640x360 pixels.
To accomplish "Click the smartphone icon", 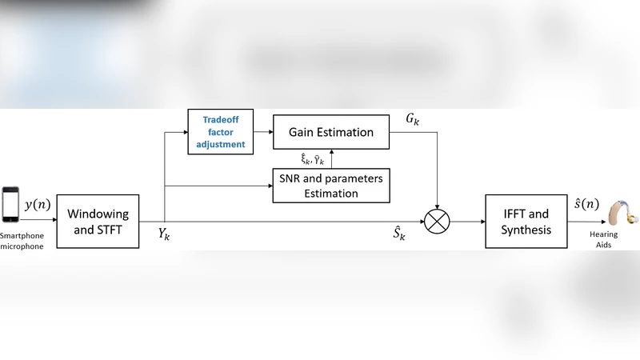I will (x=11, y=206).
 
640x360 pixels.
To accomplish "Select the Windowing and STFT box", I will (x=98, y=222).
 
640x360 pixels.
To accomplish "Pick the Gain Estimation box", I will (x=331, y=132).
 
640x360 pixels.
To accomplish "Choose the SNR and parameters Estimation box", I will (x=331, y=186).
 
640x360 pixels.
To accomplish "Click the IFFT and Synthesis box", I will (x=526, y=222).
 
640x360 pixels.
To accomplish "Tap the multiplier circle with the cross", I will (x=438, y=222).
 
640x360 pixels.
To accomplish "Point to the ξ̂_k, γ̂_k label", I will (x=306, y=159).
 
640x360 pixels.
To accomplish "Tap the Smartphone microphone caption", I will (x=22, y=241).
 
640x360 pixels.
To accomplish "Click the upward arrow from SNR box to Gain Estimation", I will (x=331, y=159).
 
